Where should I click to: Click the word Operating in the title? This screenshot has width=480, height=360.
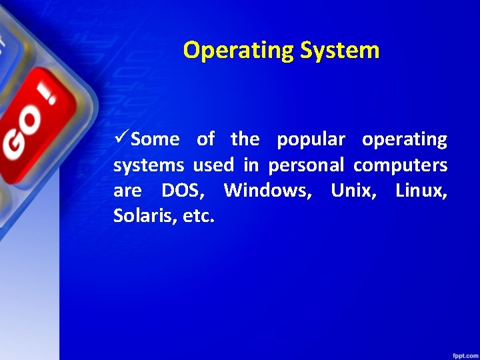pyautogui.click(x=239, y=51)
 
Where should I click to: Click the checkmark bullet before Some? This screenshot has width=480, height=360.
pyautogui.click(x=121, y=139)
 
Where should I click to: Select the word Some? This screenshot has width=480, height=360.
pyautogui.click(x=155, y=139)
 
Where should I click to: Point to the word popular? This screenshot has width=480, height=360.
pyautogui.click(x=311, y=140)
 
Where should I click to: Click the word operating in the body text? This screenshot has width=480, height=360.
pyautogui.click(x=405, y=140)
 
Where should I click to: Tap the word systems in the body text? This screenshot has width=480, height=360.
pyautogui.click(x=149, y=165)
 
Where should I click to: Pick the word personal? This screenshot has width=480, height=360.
pyautogui.click(x=307, y=165)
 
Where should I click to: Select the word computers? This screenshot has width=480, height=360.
pyautogui.click(x=400, y=165)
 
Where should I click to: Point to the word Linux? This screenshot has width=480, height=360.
pyautogui.click(x=421, y=191)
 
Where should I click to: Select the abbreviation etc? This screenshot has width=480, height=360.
pyautogui.click(x=198, y=217)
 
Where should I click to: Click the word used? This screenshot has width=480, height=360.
pyautogui.click(x=213, y=165)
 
